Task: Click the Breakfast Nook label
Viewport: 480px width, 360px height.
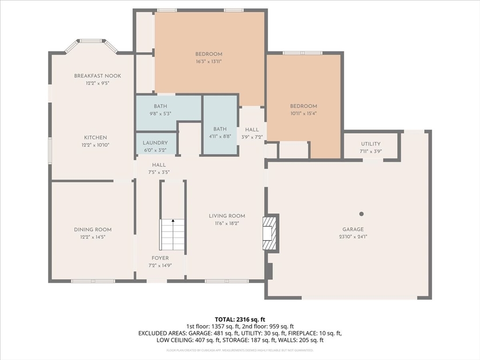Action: pyautogui.click(x=97, y=76)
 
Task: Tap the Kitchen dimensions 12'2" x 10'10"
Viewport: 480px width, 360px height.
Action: pyautogui.click(x=96, y=145)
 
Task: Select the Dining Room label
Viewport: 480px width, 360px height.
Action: pyautogui.click(x=93, y=230)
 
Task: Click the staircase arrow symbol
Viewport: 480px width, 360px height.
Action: pyautogui.click(x=173, y=221)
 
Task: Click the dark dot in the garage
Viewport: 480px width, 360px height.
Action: pyautogui.click(x=361, y=214)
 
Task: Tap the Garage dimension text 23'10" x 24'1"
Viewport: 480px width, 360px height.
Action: pyautogui.click(x=352, y=237)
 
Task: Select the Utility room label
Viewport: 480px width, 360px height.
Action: pyautogui.click(x=371, y=144)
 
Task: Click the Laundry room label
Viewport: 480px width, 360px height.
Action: pyautogui.click(x=155, y=143)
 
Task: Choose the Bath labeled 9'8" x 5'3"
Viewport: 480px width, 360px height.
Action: pyautogui.click(x=160, y=106)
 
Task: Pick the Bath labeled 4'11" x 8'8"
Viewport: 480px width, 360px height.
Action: pyautogui.click(x=220, y=129)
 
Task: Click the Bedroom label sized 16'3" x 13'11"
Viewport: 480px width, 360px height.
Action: pyautogui.click(x=209, y=54)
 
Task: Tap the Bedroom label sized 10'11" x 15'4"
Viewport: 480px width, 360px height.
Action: pyautogui.click(x=303, y=106)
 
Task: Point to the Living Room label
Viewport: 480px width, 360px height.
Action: pyautogui.click(x=227, y=216)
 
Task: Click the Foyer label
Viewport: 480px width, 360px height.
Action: pyautogui.click(x=160, y=258)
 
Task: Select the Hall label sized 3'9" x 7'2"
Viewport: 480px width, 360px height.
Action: pyautogui.click(x=252, y=130)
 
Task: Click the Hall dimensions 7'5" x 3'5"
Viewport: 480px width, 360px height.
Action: pyautogui.click(x=158, y=172)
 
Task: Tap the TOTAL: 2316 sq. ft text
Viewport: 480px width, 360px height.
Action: pyautogui.click(x=240, y=319)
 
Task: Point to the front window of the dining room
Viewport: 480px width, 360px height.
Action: pyautogui.click(x=93, y=281)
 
